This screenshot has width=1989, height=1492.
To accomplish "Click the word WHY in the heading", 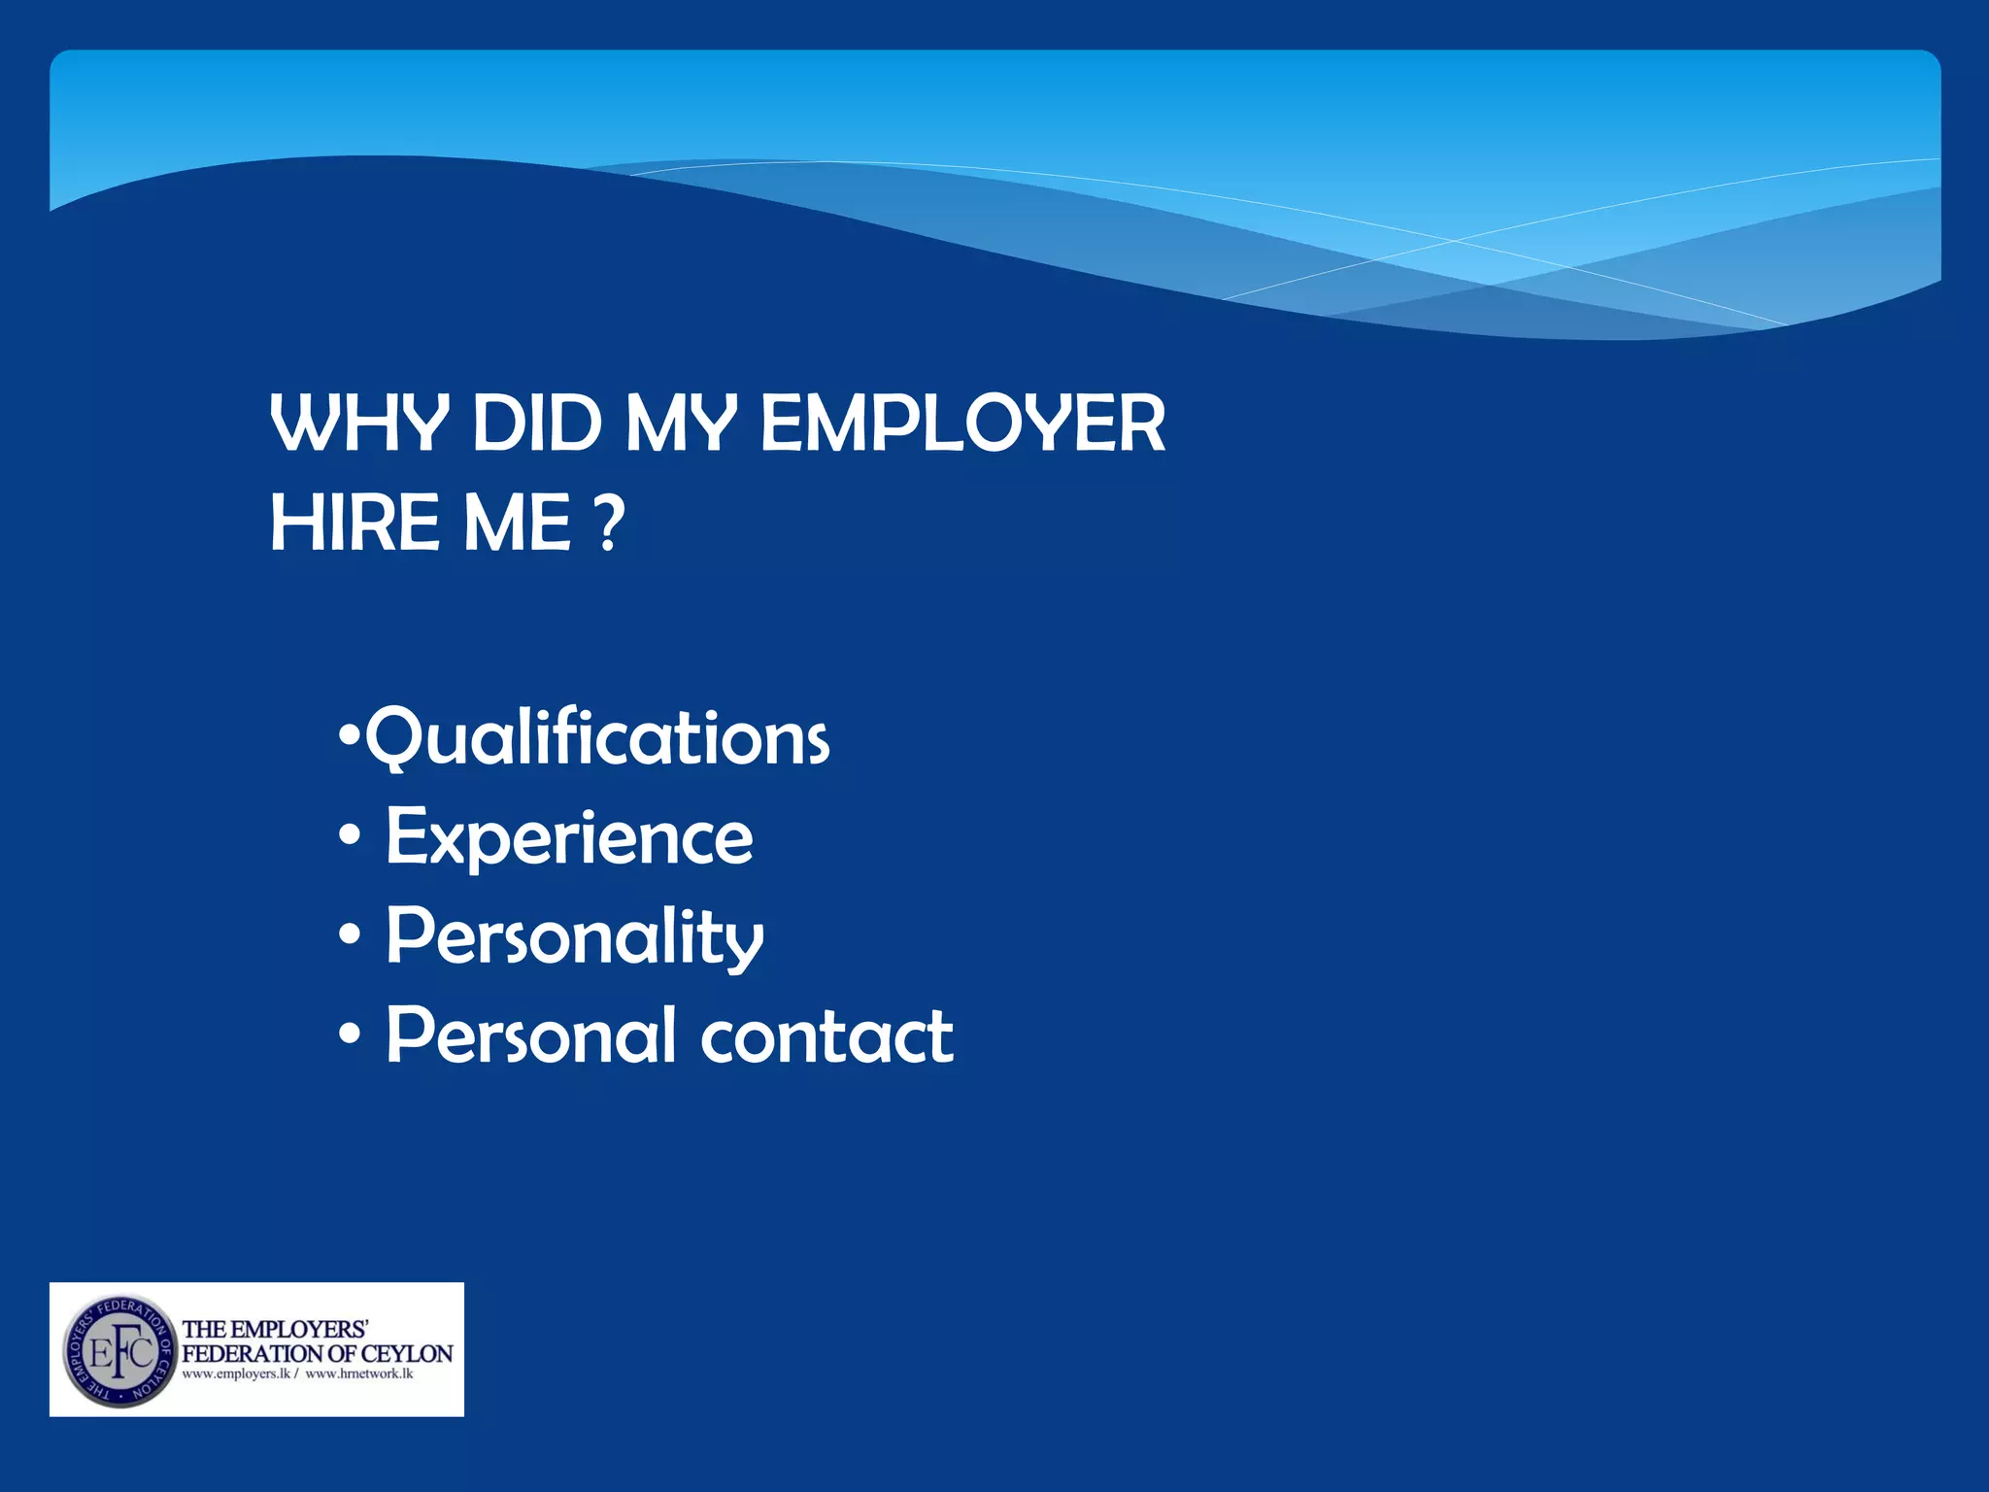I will pos(359,424).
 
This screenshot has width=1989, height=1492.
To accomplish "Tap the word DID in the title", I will pos(536,424).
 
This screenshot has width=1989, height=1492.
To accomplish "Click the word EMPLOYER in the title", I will pos(962,424).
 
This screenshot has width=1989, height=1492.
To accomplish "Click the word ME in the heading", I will pos(517,523).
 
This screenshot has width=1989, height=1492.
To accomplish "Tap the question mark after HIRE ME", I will pos(608,523).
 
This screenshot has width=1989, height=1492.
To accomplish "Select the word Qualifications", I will pos(597,738).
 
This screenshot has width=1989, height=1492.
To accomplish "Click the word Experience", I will pos(569,837).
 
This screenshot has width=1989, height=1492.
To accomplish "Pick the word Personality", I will pos(575,936).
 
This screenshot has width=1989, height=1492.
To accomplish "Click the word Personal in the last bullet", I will pos(531,1035).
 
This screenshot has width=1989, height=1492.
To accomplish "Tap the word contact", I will pos(826,1035).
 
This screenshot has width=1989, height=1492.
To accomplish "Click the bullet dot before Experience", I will pos(351,835).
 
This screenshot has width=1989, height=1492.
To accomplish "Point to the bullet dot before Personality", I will pos(351,934).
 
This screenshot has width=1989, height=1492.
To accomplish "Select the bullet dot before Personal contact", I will pos(351,1034).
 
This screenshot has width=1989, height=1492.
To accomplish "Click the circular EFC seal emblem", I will pos(119,1351).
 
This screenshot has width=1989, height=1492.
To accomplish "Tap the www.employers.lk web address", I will pos(236,1373).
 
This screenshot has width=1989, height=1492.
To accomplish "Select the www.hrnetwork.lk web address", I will pos(359,1373).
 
